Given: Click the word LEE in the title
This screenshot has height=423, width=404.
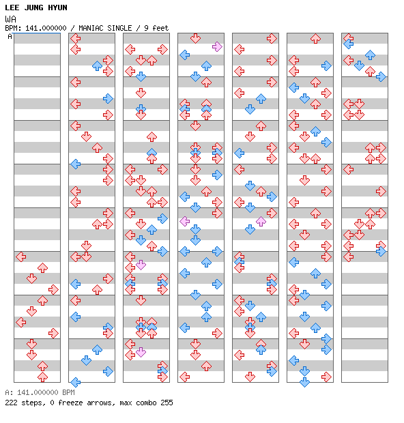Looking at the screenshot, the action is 12,8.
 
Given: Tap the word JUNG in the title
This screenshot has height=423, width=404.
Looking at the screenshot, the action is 33,8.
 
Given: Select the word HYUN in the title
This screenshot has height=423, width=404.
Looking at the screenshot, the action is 57,8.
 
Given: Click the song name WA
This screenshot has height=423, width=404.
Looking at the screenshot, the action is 10,19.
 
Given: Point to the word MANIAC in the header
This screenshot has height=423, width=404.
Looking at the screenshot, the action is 91,28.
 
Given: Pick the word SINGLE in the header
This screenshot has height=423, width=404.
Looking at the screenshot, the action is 119,28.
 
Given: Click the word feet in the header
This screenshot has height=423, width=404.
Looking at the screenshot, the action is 160,28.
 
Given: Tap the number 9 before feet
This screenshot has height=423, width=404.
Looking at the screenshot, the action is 146,28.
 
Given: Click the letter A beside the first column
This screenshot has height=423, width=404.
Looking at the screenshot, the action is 10,36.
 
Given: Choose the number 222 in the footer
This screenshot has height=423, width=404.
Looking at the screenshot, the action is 11,403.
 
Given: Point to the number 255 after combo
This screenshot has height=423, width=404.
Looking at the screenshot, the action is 167,403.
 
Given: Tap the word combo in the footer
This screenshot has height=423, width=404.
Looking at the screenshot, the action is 146,403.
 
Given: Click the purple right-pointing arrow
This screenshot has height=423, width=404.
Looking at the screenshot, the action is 217,47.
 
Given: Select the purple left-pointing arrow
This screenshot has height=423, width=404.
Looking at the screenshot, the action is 184,222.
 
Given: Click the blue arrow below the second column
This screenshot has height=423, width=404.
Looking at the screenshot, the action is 76,382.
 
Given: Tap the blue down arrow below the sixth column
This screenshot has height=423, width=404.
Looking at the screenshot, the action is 304,382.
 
